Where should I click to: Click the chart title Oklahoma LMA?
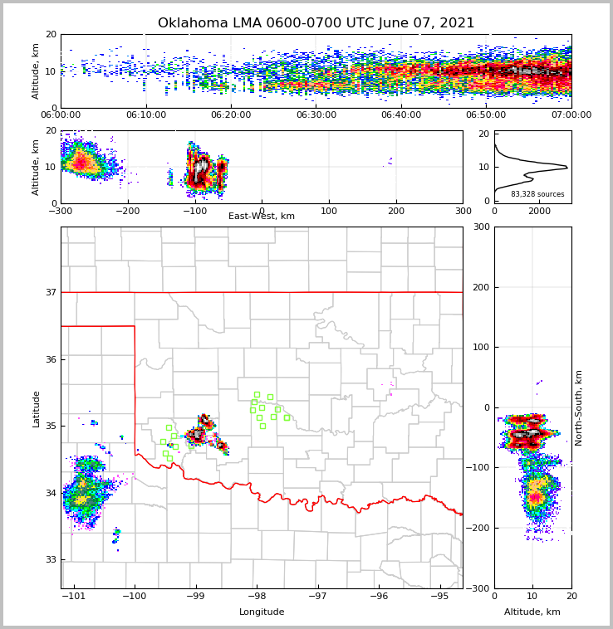coord(316,23)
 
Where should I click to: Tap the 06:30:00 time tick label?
coord(316,115)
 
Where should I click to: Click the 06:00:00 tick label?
coord(61,115)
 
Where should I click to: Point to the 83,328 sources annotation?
coord(537,194)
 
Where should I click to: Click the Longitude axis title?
coord(262,612)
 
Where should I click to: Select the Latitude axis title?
coord(36,408)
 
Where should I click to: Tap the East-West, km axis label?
coord(262,217)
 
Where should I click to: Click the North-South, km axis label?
coord(579,407)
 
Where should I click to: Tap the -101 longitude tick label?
coord(75,596)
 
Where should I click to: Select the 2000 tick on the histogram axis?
coord(539,212)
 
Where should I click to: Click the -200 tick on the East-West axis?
coord(127,212)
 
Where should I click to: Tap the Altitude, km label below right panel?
coord(532,612)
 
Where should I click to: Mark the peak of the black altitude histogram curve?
coord(567,167)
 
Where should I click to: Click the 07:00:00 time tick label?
coord(571,115)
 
